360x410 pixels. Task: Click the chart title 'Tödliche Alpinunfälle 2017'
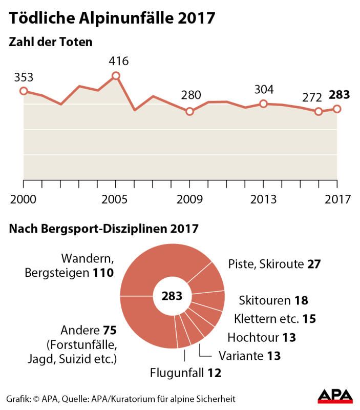(111, 18)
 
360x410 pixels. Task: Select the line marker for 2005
(116, 76)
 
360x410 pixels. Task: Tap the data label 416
(118, 61)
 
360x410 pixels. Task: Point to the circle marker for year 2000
(23, 91)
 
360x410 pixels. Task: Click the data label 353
(23, 77)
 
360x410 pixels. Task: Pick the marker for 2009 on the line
(189, 111)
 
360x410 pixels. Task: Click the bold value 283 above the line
(339, 95)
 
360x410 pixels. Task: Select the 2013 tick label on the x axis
(263, 199)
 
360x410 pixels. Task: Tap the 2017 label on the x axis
(337, 199)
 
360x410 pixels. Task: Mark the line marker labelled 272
(319, 111)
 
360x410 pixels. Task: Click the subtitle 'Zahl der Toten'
(51, 42)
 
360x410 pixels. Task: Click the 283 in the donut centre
(172, 296)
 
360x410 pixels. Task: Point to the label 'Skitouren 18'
(273, 300)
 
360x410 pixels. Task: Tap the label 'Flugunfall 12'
(185, 373)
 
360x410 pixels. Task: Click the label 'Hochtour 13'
(262, 337)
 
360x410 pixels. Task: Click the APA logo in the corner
(335, 396)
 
